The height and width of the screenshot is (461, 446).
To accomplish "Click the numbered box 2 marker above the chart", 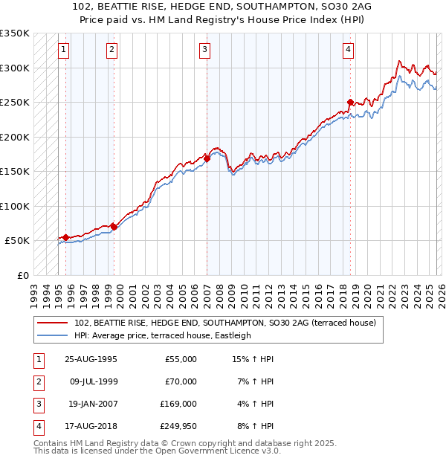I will point(111,50).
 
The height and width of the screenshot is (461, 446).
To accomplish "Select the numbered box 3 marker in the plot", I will point(204,50).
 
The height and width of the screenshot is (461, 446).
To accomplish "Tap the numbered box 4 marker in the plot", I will point(348,50).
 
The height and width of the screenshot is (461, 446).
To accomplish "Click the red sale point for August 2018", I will point(350,103).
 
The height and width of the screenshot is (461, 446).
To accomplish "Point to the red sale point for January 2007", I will point(207,158).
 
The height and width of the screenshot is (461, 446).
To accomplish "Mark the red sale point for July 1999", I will point(114,227).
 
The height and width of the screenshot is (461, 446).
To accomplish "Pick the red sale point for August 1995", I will point(66,237).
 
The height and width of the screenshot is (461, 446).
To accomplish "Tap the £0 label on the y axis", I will point(22,275).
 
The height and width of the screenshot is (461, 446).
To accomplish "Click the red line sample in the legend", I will point(53,323).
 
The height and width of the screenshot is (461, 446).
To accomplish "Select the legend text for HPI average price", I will point(163,335).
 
